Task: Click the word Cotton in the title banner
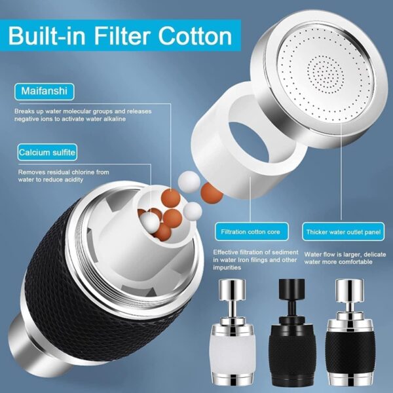click(x=195, y=36)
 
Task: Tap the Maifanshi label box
click(x=45, y=92)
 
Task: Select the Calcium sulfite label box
click(x=47, y=153)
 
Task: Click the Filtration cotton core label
click(x=252, y=232)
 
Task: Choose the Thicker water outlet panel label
click(x=343, y=232)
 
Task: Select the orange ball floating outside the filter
click(x=212, y=193)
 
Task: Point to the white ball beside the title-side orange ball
click(x=189, y=182)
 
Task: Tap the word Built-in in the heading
click(x=47, y=37)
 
